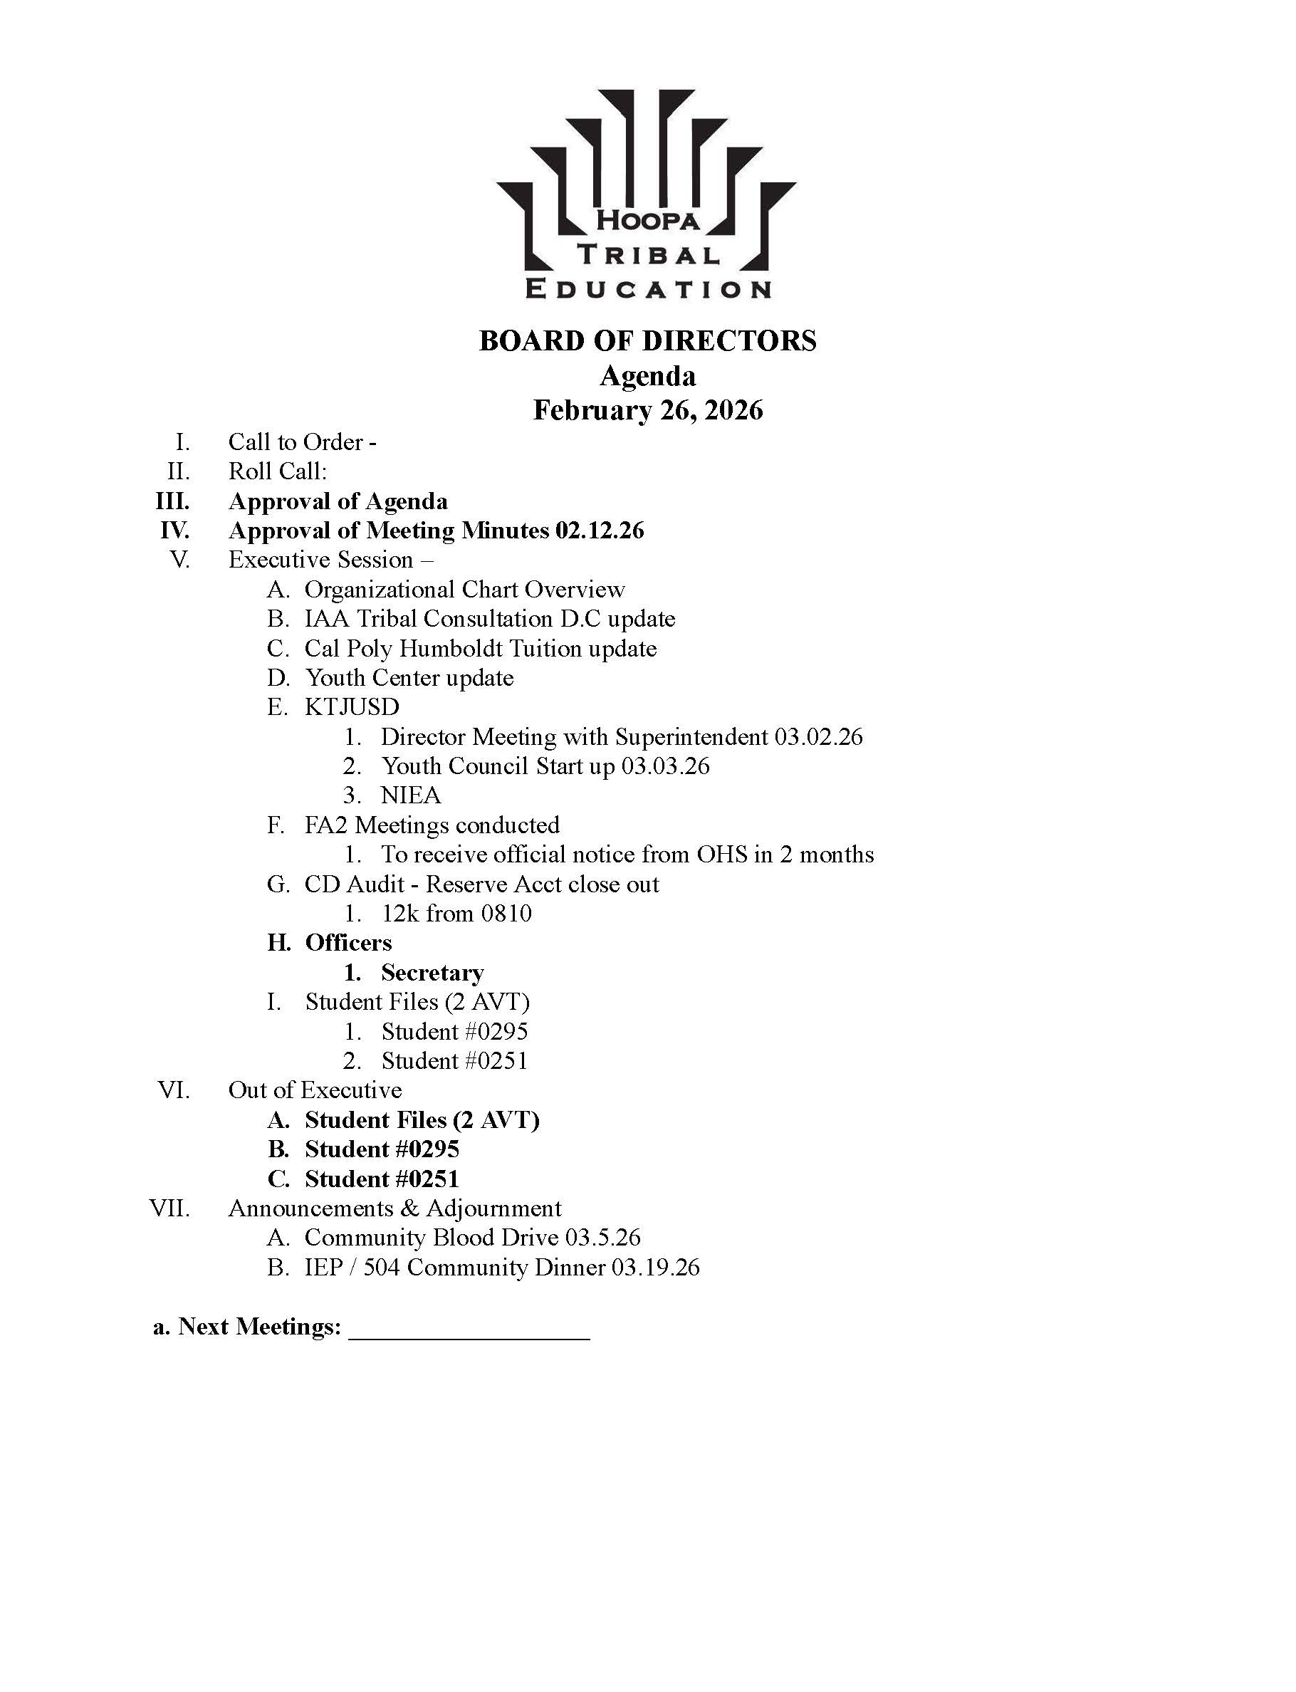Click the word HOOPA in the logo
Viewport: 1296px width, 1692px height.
click(x=648, y=220)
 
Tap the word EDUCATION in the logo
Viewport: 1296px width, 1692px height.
click(x=648, y=289)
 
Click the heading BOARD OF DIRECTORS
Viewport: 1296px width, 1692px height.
click(x=647, y=341)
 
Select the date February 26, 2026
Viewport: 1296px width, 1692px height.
click(x=648, y=409)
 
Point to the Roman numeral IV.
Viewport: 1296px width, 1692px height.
click(x=175, y=531)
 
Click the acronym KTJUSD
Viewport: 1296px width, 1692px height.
click(x=352, y=708)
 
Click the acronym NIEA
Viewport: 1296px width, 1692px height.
click(x=410, y=795)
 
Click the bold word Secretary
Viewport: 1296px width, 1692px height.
click(x=432, y=973)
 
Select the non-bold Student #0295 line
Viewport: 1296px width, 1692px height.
click(x=454, y=1032)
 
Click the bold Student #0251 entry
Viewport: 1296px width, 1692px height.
click(x=382, y=1179)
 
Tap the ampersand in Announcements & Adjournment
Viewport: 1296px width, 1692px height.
click(x=409, y=1208)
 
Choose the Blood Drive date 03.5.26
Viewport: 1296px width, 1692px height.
click(x=602, y=1238)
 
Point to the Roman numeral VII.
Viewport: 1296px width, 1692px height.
click(x=169, y=1208)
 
